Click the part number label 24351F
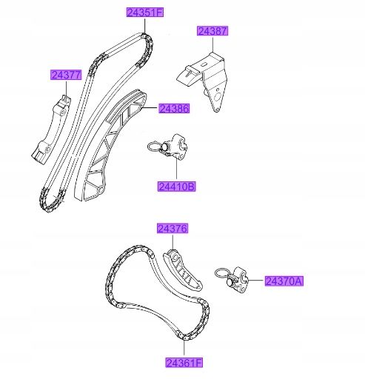point(145,13)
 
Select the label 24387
point(212,31)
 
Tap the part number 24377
point(66,75)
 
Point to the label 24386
point(174,109)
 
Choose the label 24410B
point(177,187)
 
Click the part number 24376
point(173,229)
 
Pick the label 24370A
point(284,281)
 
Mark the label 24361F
point(184,363)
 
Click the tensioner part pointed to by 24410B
point(175,147)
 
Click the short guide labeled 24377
point(51,130)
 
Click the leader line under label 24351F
point(145,25)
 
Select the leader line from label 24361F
point(184,349)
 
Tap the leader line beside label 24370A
point(257,281)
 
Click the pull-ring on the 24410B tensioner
point(155,147)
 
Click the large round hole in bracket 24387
point(218,97)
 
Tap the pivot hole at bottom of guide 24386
point(101,190)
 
